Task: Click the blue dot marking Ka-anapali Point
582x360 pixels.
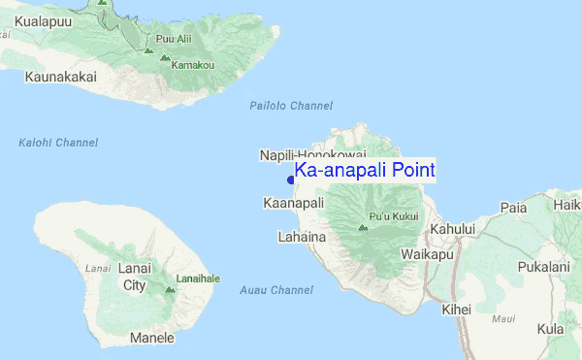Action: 291,179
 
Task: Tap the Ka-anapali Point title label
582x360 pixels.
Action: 365,171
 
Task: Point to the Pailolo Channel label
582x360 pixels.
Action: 291,106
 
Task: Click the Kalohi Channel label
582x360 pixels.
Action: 58,143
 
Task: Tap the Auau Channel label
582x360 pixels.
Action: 275,290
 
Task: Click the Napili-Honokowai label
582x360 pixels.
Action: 312,155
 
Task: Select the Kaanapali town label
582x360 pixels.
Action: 293,203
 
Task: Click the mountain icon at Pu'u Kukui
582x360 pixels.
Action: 363,228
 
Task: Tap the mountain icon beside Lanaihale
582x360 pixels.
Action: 170,288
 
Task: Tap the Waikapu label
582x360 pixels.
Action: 427,254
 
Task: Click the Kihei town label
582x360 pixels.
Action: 456,310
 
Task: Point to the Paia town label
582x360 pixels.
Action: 513,208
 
